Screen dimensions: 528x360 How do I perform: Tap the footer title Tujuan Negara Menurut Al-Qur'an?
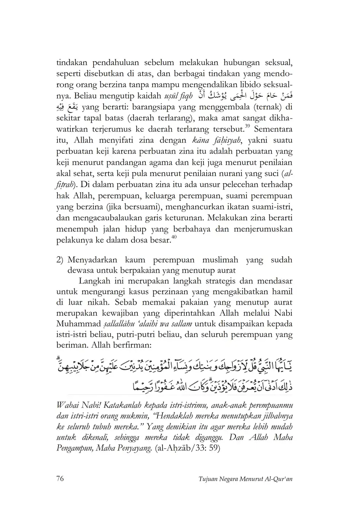pos(245,479)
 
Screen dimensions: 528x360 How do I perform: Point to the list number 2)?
pos(60,260)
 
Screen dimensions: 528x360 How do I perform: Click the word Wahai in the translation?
pos(67,403)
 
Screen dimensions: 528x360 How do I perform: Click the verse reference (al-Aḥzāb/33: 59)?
pos(188,448)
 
